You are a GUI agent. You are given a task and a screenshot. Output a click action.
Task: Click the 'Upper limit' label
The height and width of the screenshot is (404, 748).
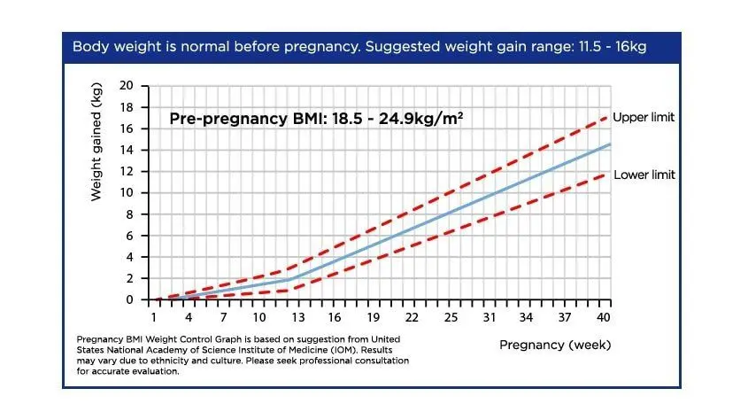[644, 118]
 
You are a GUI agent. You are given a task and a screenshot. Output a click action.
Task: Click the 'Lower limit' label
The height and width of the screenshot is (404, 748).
[644, 175]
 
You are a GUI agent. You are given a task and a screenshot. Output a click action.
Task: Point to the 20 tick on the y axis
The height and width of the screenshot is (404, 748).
[126, 86]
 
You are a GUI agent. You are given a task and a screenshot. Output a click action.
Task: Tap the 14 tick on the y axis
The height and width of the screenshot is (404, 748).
[126, 150]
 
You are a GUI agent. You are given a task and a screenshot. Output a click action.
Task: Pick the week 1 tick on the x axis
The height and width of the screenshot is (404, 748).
[153, 317]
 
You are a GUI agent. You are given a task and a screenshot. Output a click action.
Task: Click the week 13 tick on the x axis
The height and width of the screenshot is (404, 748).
[295, 317]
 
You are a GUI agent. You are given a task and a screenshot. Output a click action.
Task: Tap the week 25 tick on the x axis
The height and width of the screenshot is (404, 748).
[451, 317]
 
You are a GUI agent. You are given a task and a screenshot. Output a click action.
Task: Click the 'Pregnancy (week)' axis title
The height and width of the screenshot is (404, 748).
[555, 344]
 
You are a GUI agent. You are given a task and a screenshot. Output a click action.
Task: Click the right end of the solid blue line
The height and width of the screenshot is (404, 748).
[609, 144]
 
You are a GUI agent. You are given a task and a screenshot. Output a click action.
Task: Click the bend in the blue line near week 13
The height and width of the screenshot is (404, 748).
[290, 278]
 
